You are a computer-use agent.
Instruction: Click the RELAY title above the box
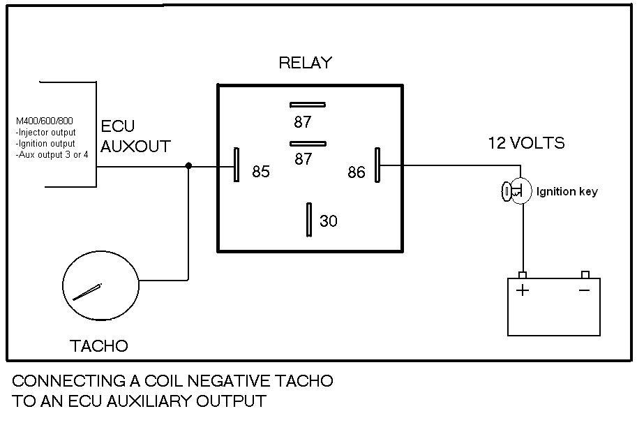[305, 63]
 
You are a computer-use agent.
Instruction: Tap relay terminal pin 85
[237, 165]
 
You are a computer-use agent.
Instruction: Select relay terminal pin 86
[377, 165]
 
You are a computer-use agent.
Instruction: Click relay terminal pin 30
[308, 220]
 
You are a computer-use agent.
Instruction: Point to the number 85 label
[261, 172]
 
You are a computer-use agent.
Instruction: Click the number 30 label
[328, 221]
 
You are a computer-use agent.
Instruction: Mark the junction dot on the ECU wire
[188, 166]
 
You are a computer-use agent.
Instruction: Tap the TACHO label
[99, 345]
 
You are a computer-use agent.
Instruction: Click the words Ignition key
[567, 192]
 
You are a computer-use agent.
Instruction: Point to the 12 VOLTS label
[526, 144]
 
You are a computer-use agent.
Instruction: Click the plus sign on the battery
[523, 290]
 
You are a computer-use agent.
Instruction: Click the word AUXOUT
[136, 147]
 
